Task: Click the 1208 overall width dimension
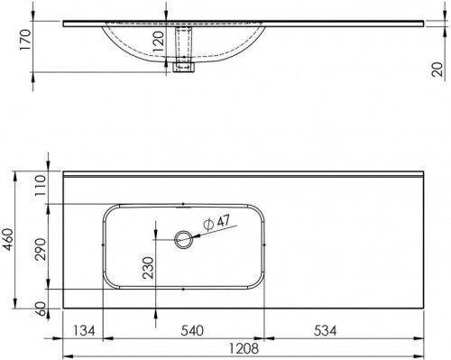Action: point(244,349)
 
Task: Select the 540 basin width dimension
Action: point(192,330)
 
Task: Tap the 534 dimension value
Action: point(325,331)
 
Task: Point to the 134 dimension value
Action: point(84,331)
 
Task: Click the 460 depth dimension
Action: point(8,239)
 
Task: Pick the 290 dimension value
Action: point(41,249)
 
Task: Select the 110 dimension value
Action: point(41,186)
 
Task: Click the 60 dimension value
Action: point(41,309)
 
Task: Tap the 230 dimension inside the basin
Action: point(148,268)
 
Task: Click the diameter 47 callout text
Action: point(216,223)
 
